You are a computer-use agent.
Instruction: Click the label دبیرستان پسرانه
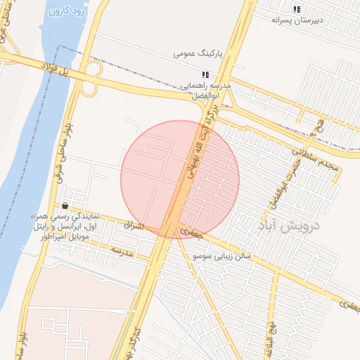tap(297, 20)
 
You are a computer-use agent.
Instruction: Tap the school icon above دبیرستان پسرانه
tap(297, 9)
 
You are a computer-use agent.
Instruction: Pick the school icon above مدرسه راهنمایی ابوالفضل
tap(205, 74)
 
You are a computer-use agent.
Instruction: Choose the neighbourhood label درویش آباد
tap(288, 226)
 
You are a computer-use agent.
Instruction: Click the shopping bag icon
tap(65, 205)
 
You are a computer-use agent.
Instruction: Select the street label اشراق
tap(132, 226)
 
